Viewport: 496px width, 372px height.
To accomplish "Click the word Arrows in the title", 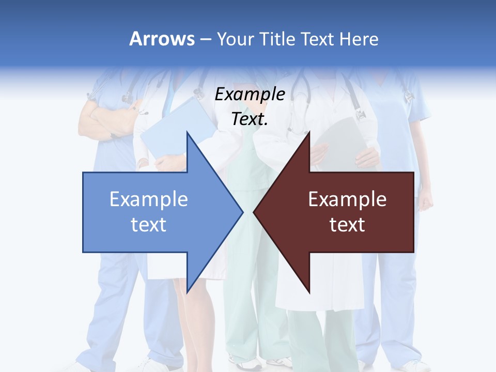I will click(x=162, y=39).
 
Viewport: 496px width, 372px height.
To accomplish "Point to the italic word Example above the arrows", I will click(x=250, y=95).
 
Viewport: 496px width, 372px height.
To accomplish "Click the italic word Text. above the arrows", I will click(x=250, y=119).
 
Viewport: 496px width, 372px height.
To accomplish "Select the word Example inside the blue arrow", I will click(x=149, y=199).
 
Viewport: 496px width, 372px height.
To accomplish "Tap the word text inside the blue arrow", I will click(x=149, y=225).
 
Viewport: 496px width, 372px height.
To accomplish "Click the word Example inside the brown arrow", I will click(x=347, y=199).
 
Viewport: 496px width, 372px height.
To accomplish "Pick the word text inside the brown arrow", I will click(x=347, y=225).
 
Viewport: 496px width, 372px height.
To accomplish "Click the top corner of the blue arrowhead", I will click(x=187, y=132).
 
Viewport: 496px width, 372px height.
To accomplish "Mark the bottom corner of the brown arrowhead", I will click(x=309, y=292).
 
